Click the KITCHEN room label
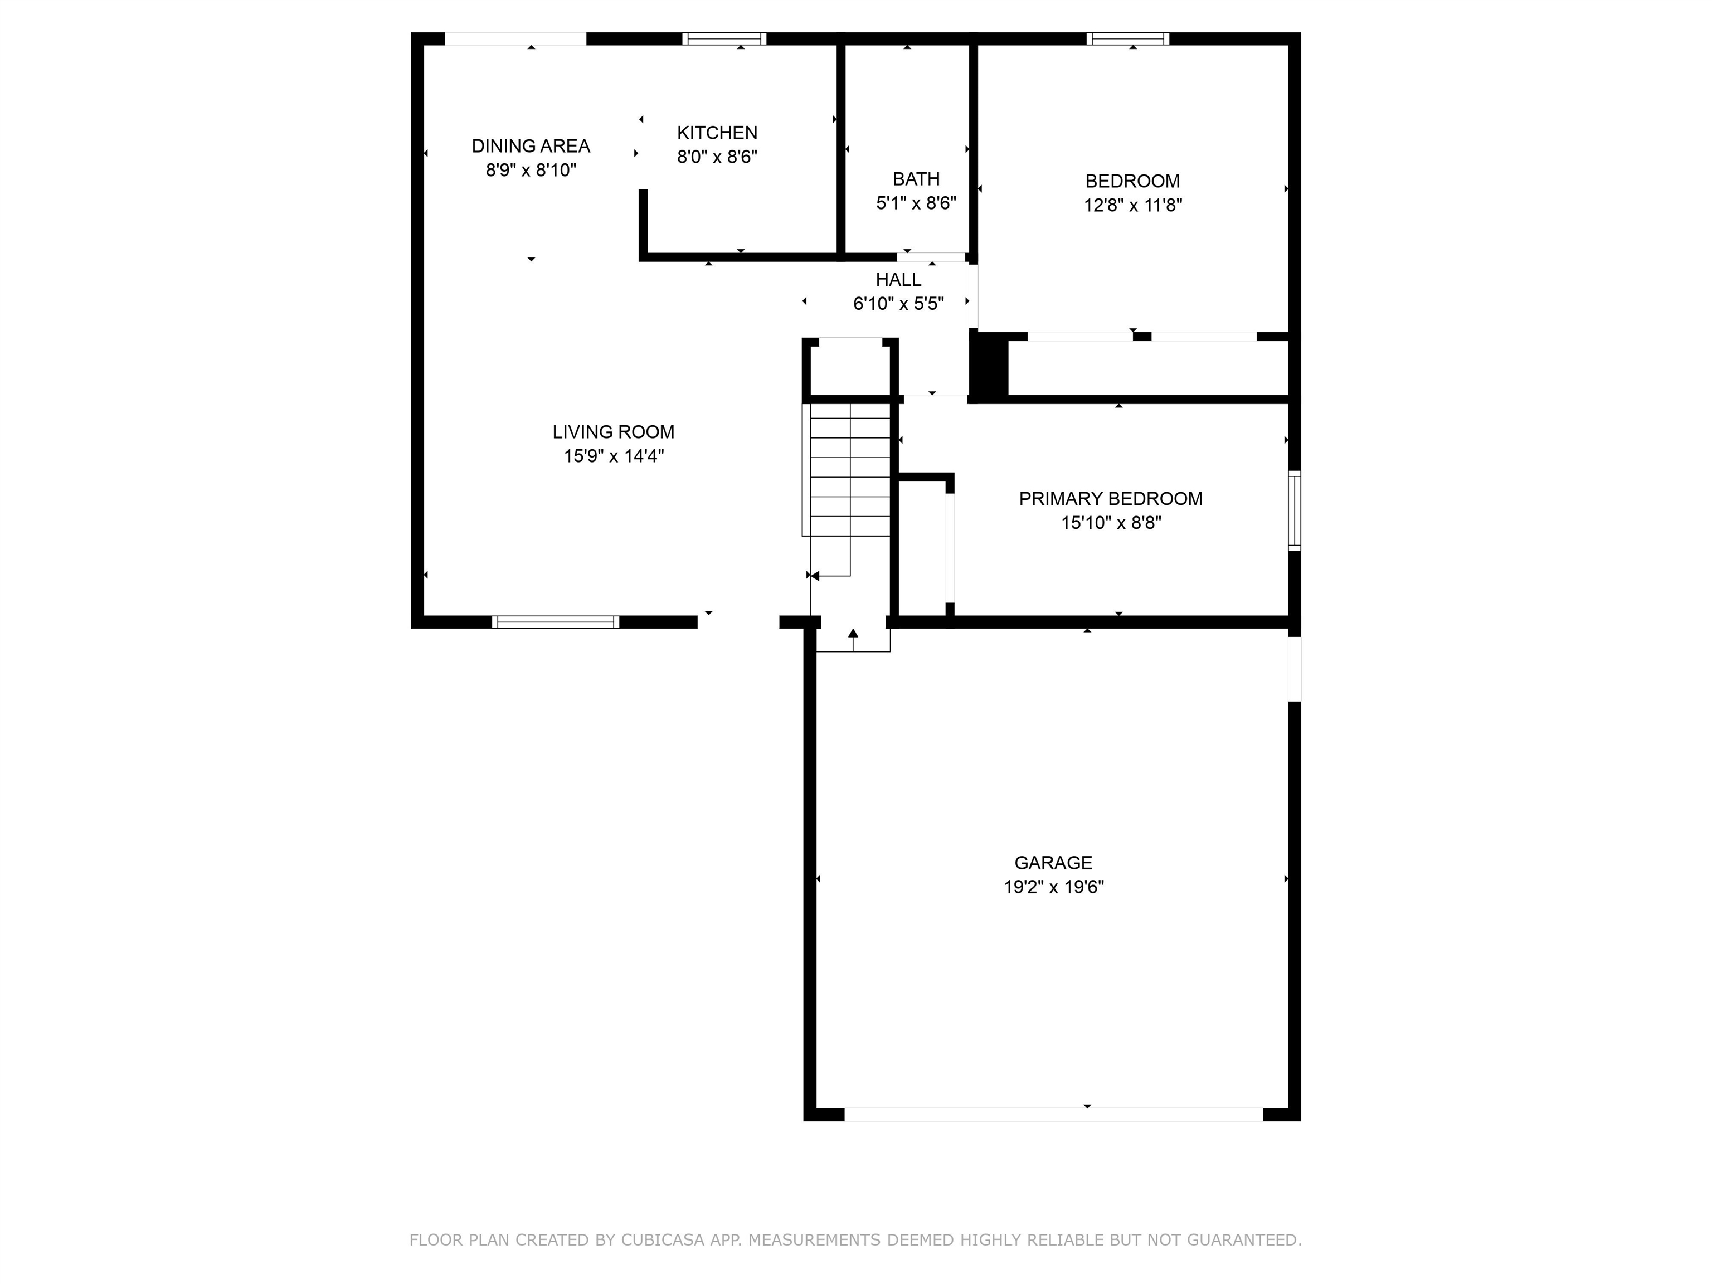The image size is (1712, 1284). point(717,132)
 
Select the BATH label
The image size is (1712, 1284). point(916,179)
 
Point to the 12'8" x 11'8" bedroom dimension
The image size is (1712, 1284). point(1132,205)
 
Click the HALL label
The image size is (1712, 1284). point(898,279)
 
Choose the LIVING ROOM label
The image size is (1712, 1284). point(613,432)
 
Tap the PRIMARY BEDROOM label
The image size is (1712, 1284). point(1110,498)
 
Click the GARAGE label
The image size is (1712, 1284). point(1053,862)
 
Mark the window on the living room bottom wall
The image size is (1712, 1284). point(556,621)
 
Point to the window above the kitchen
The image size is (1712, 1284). point(724,38)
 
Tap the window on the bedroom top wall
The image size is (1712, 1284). point(1127,38)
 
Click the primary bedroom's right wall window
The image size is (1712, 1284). point(1294,511)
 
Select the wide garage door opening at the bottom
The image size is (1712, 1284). point(1053,1115)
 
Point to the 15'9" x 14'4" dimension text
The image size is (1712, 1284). point(613,456)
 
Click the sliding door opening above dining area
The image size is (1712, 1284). point(515,38)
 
